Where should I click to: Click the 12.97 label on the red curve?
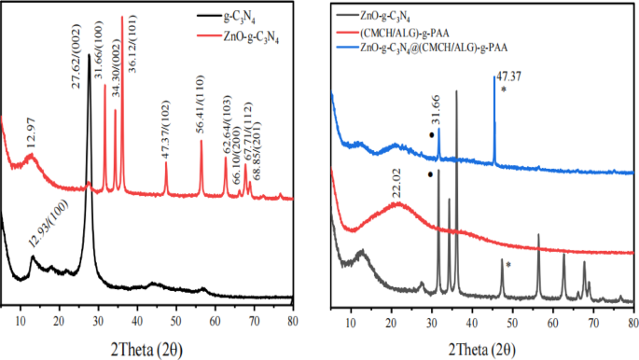(34, 137)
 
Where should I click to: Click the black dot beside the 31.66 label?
(430, 135)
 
